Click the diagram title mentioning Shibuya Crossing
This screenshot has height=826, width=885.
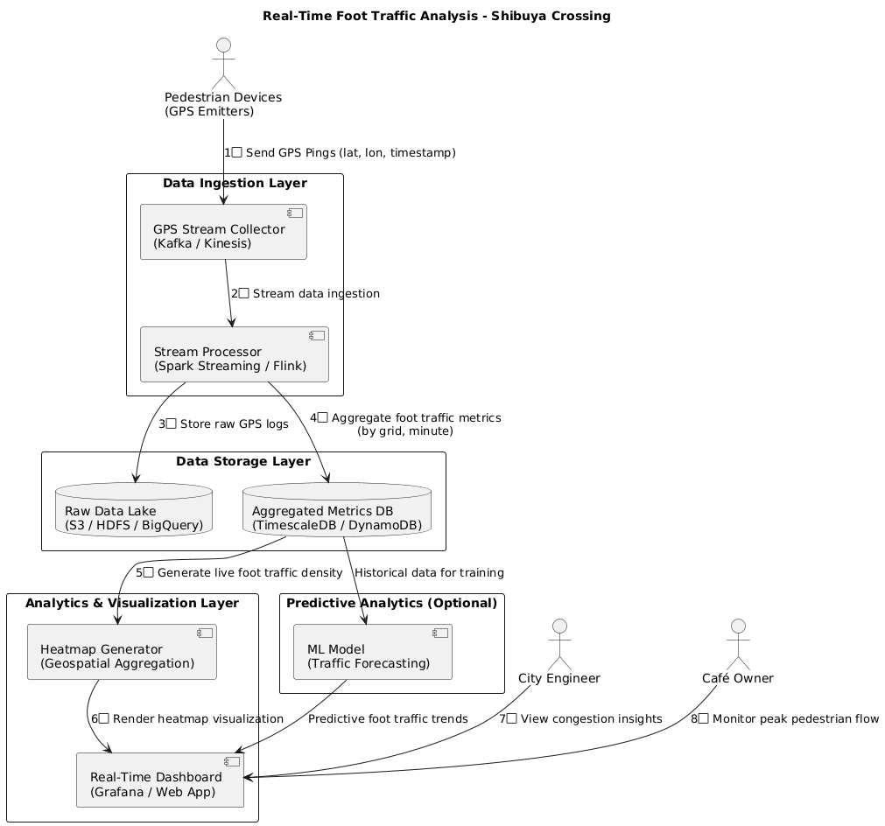(x=442, y=16)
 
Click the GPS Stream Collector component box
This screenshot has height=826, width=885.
(x=223, y=233)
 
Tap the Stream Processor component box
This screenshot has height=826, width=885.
(x=234, y=355)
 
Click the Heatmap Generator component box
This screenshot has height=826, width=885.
(x=122, y=653)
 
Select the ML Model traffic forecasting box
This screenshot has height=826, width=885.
(x=372, y=653)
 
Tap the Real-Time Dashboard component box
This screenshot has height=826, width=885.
(x=160, y=780)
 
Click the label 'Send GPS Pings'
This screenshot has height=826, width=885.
(x=341, y=153)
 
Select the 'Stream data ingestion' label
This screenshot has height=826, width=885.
(x=306, y=294)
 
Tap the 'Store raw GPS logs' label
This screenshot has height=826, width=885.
(x=223, y=424)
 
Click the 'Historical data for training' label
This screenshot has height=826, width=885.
(x=429, y=573)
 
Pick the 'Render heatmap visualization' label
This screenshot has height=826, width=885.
(x=187, y=719)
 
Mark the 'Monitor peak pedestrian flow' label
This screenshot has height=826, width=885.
(x=784, y=719)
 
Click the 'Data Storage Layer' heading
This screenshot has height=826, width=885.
(x=243, y=462)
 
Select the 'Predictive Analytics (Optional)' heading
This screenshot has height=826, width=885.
(x=391, y=603)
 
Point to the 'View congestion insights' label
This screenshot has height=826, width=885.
(x=580, y=719)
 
